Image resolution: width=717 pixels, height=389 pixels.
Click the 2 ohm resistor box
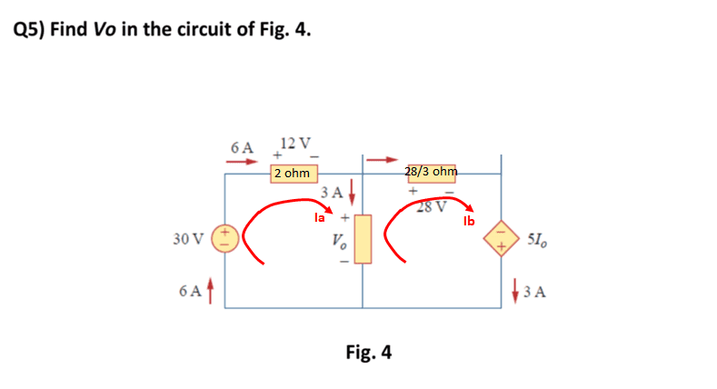coord(293,173)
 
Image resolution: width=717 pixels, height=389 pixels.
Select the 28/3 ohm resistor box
coord(431,173)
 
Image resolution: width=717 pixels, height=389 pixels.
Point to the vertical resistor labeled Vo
coord(363,239)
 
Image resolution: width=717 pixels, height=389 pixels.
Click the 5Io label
coord(537,240)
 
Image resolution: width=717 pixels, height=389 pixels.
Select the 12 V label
coord(295,143)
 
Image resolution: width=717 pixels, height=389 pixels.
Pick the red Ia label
coord(318,218)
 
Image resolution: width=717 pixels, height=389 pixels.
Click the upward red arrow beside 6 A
coord(213,293)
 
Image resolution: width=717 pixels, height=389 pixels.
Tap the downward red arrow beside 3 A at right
coord(514,293)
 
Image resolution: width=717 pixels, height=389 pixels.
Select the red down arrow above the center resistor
coord(351,194)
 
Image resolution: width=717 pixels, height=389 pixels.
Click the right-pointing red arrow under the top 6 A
coord(241,162)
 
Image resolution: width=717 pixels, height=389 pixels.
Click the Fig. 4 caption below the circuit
coord(369,352)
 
